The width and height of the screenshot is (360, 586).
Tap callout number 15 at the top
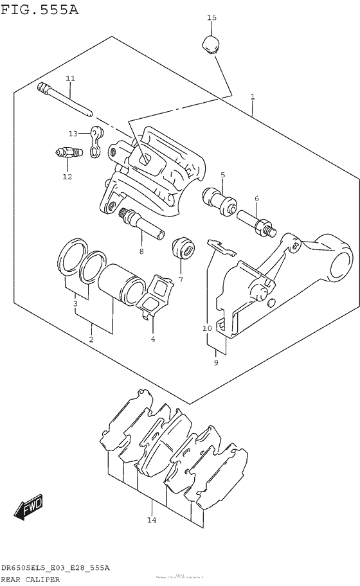212,17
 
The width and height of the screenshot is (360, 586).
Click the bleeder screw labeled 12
67,154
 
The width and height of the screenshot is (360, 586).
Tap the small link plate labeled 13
96,141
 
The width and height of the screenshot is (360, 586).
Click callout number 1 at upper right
253,97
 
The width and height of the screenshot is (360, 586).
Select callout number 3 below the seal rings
75,303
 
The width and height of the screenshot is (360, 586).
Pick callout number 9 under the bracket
216,363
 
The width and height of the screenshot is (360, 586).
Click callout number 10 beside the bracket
207,328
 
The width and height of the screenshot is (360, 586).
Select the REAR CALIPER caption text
30,579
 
